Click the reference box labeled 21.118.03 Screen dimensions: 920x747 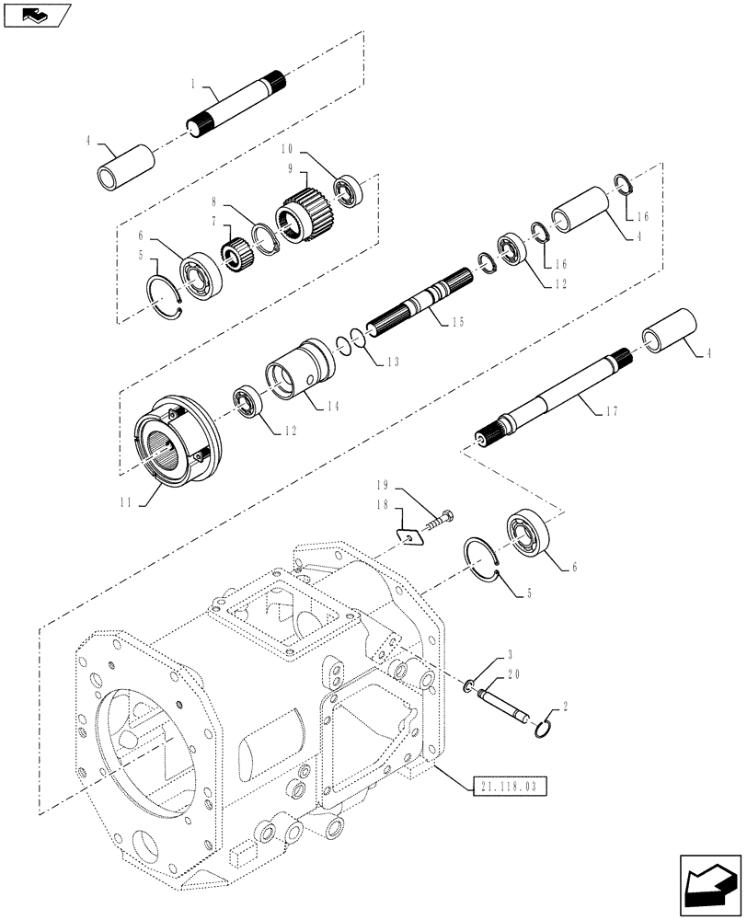pyautogui.click(x=512, y=786)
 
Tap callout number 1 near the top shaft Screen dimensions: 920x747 pyautogui.click(x=193, y=83)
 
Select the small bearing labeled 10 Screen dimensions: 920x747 pyautogui.click(x=349, y=193)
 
